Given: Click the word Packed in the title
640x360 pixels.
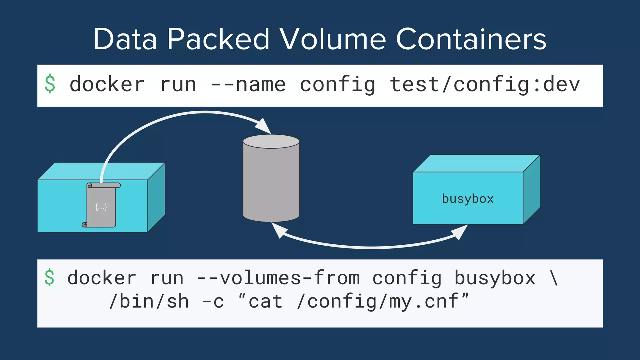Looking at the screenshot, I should pyautogui.click(x=218, y=39).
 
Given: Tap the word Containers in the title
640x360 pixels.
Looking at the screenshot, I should pyautogui.click(x=471, y=39).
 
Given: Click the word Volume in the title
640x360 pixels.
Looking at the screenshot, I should pyautogui.click(x=332, y=39).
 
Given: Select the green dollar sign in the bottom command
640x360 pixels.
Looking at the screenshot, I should pyautogui.click(x=50, y=277).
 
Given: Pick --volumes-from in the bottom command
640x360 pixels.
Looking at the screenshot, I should pyautogui.click(x=278, y=278).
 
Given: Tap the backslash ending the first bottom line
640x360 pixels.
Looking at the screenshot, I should pyautogui.click(x=554, y=278).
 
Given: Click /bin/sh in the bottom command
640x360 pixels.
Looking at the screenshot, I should pyautogui.click(x=149, y=302).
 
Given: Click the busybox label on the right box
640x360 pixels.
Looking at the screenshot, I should pyautogui.click(x=467, y=199).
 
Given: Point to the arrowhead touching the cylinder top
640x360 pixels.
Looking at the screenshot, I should pyautogui.click(x=263, y=126).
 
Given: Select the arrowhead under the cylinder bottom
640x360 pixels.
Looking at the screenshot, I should pyautogui.click(x=279, y=230).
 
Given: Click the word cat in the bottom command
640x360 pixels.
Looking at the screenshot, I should pyautogui.click(x=265, y=302).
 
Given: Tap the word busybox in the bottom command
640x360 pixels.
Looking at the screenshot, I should pyautogui.click(x=495, y=278).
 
